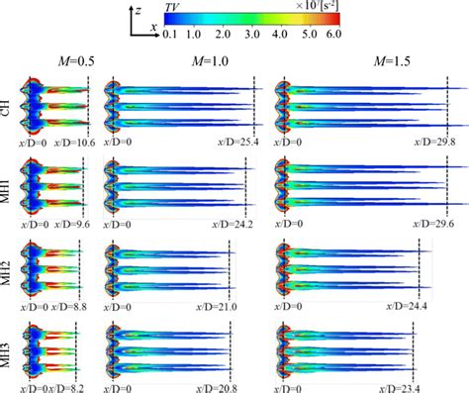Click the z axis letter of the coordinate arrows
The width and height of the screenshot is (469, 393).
point(141,9)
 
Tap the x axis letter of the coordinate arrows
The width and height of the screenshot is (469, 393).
point(154,27)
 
